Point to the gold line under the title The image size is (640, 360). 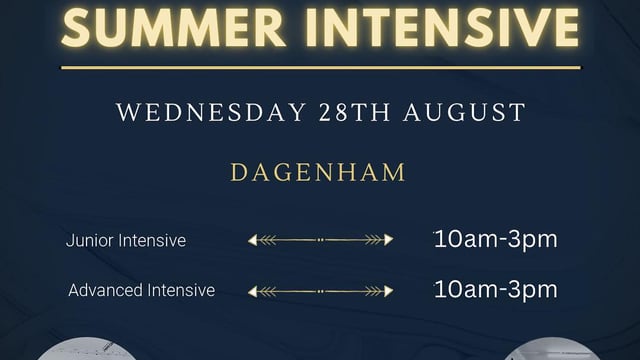[x=320, y=68]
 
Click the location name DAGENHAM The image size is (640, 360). [x=319, y=172]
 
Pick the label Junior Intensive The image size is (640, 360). [x=126, y=241]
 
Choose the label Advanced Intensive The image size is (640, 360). [x=141, y=291]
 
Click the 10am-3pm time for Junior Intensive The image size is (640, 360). [x=496, y=240]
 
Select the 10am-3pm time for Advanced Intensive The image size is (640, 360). [x=496, y=290]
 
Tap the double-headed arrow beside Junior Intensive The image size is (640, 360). [x=320, y=240]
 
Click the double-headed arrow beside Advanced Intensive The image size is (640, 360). [x=320, y=291]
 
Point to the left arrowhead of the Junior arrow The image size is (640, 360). [x=256, y=240]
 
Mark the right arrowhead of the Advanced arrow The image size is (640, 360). [x=385, y=291]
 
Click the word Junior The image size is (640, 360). [x=88, y=241]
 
